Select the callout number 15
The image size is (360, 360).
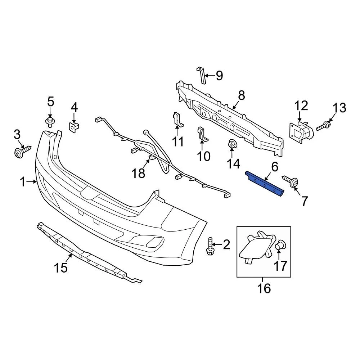(61, 268)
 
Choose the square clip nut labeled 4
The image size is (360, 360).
(74, 128)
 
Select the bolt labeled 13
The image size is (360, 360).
(323, 126)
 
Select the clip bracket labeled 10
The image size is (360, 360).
(202, 135)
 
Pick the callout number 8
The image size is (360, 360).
(241, 95)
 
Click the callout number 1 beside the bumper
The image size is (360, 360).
(23, 182)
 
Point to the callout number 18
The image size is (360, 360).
(139, 173)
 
